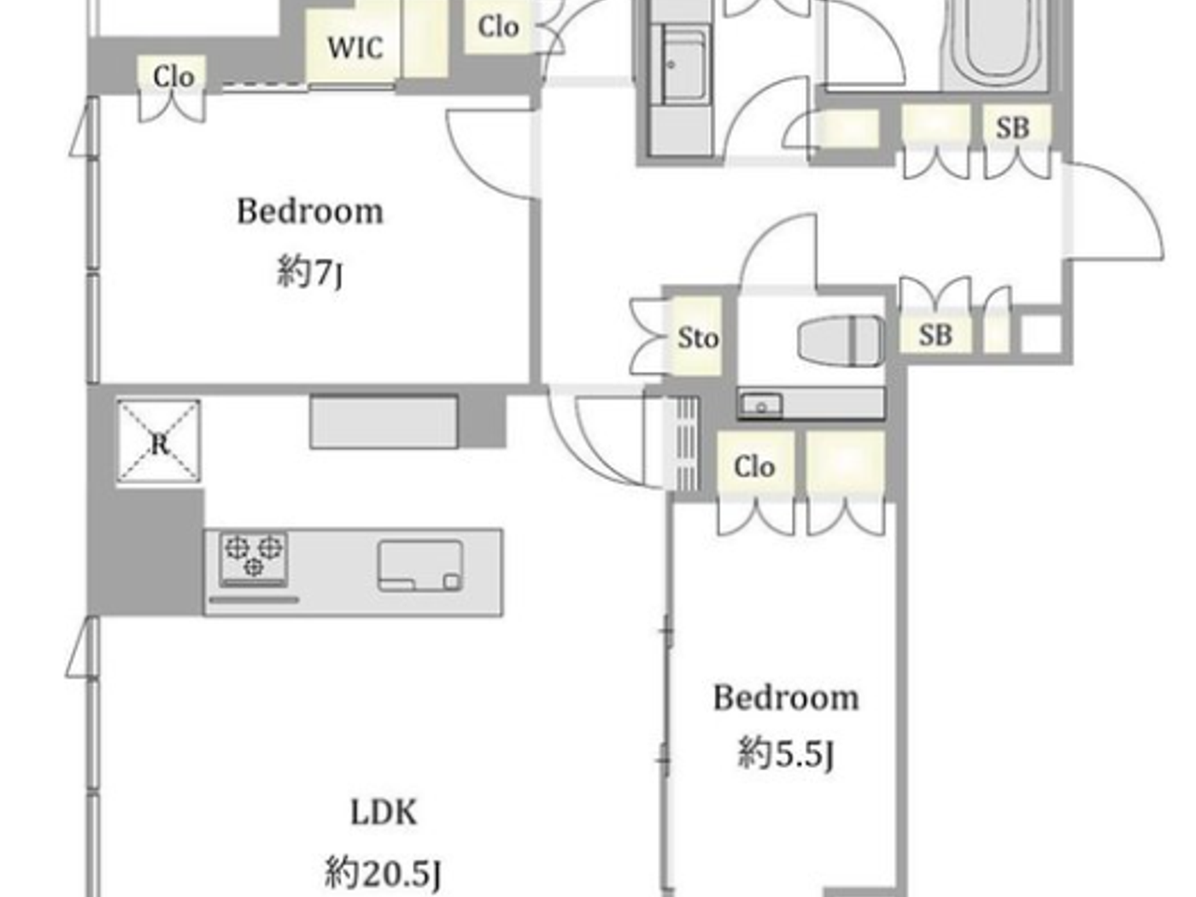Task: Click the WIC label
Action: tap(355, 47)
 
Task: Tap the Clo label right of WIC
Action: tap(498, 26)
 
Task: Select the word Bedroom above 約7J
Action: tap(310, 211)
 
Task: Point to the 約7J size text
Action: tap(310, 273)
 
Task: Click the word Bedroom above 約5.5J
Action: tap(786, 697)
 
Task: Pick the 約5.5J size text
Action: tap(786, 753)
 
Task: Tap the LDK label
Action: tap(384, 812)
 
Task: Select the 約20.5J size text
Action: tap(384, 872)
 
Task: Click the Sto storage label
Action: tap(697, 338)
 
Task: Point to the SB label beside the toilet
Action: tap(935, 335)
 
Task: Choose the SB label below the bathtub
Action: tap(1012, 128)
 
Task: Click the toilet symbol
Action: tap(841, 341)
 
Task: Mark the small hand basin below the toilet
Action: tap(760, 405)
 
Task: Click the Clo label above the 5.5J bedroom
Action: tap(754, 466)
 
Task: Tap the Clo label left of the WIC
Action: tap(173, 77)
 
